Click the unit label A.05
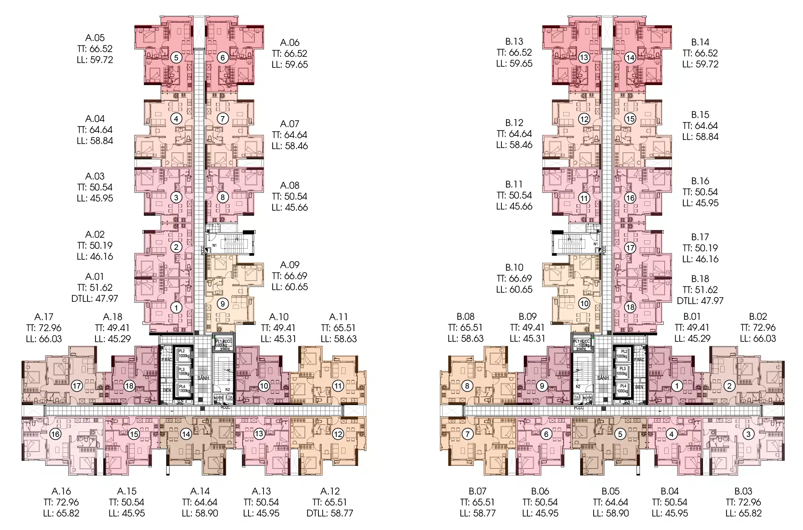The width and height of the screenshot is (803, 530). point(95,38)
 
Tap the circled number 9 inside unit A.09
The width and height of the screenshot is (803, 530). point(223,304)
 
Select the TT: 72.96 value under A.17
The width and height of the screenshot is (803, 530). point(44,328)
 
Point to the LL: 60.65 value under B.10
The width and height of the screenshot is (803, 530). point(514,289)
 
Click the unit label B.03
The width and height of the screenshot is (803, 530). point(743,491)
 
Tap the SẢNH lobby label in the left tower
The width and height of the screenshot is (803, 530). point(202,378)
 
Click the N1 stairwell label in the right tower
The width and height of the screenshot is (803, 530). point(595,244)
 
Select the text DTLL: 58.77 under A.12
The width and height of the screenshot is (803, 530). point(330,513)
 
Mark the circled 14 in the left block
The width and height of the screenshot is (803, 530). point(186,434)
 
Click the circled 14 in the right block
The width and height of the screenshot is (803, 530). point(630,58)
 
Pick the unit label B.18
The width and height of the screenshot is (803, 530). point(700,279)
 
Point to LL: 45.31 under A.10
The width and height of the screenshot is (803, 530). point(278,339)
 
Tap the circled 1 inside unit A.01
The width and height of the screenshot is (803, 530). point(176,307)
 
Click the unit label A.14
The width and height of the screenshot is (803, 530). point(200,491)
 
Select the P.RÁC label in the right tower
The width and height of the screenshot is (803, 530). point(639,360)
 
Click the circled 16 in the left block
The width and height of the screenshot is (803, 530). point(55,434)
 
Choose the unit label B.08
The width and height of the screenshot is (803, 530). point(465,316)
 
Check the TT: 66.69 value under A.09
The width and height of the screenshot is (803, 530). point(290,276)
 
